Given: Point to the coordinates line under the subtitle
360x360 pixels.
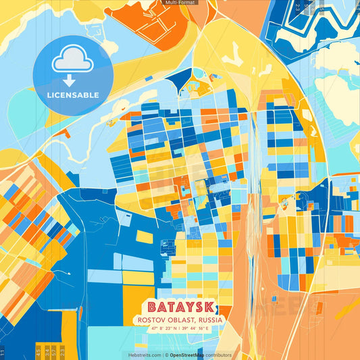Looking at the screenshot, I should pyautogui.click(x=180, y=329).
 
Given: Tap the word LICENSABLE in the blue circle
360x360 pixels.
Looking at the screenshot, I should pyautogui.click(x=72, y=95).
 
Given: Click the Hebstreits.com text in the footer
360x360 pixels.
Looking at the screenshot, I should pyautogui.click(x=145, y=355).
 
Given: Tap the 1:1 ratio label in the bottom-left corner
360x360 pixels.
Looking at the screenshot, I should pyautogui.click(x=3, y=352).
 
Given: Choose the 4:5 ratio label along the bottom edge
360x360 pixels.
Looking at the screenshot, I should pyautogui.click(x=38, y=352).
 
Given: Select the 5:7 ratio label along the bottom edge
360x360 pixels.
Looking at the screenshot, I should pyautogui.click(x=55, y=352).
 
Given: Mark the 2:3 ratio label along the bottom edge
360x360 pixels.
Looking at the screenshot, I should pyautogui.click(x=63, y=352).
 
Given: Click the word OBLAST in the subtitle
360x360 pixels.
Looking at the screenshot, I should pyautogui.click(x=180, y=319).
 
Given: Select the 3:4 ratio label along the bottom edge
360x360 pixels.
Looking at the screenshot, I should pyautogui.click(x=47, y=352).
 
